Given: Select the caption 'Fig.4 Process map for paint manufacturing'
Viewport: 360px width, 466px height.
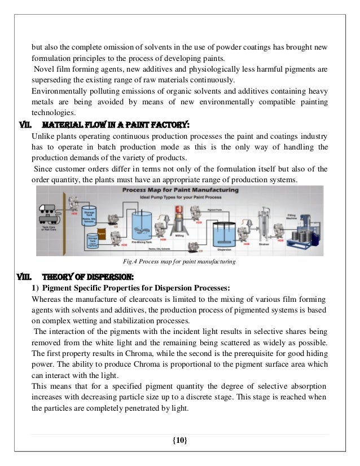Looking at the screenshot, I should pos(179,262).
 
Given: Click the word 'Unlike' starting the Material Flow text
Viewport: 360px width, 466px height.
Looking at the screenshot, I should pos(43,137).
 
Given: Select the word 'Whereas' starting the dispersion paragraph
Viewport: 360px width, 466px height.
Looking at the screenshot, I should pos(48,299).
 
